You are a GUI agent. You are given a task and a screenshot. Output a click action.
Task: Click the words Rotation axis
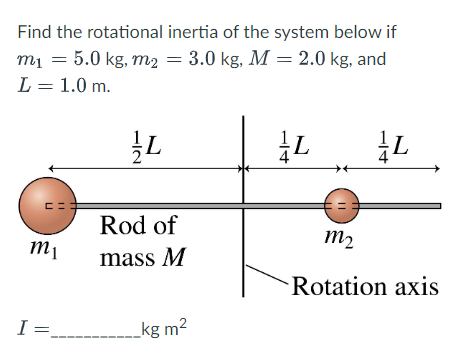pos(364,287)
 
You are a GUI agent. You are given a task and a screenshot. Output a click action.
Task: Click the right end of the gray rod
pos(437,205)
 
